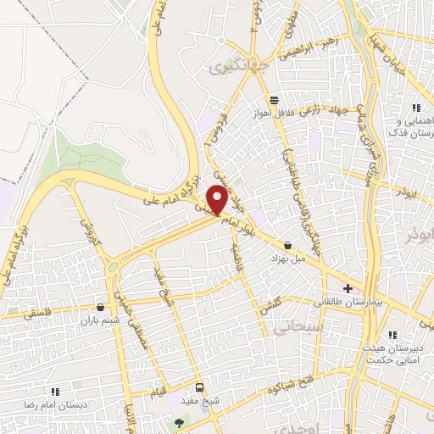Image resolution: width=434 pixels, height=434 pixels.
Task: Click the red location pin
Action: pyautogui.click(x=219, y=200)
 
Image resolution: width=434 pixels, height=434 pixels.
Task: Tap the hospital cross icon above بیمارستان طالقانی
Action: pyautogui.click(x=348, y=288)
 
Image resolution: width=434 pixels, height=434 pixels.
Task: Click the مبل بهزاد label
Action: pyautogui.click(x=287, y=256)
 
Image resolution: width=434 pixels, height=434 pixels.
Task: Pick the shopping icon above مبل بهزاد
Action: pyautogui.click(x=289, y=244)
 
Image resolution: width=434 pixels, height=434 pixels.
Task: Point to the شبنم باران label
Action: pyautogui.click(x=97, y=321)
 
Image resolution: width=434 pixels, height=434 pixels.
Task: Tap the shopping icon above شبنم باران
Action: pyautogui.click(x=102, y=309)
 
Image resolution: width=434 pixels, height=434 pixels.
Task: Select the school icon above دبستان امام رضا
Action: pyautogui.click(x=56, y=391)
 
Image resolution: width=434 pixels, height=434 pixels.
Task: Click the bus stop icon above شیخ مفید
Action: pyautogui.click(x=199, y=387)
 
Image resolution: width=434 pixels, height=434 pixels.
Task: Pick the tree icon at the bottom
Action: pyautogui.click(x=178, y=420)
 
